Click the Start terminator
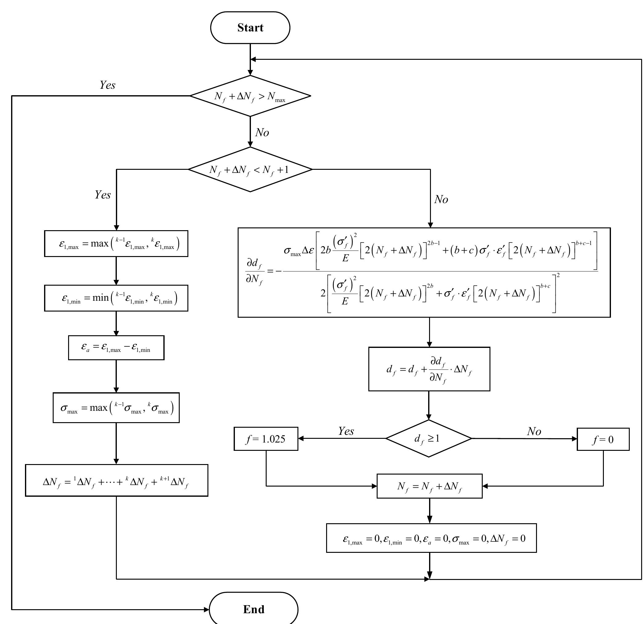tap(250, 27)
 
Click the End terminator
tap(253, 609)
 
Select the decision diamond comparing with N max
tap(250, 96)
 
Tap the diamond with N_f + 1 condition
tap(250, 169)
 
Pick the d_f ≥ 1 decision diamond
tap(428, 438)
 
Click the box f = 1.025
tap(266, 439)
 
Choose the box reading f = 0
tap(603, 439)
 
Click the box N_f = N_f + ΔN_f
tap(429, 486)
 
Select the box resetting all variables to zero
tap(431, 538)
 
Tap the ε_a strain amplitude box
tap(116, 348)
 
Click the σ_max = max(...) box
tap(116, 408)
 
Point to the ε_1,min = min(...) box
tap(116, 298)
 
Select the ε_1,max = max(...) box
tap(116, 244)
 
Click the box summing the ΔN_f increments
tap(116, 480)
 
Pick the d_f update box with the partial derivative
tap(429, 369)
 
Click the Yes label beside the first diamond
tap(108, 85)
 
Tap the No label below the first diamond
tap(262, 133)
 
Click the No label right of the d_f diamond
tap(534, 431)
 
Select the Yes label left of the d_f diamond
tap(346, 431)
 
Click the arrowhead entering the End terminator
tap(206, 610)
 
